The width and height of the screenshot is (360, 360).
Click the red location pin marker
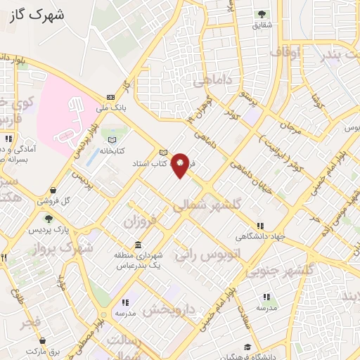[x=181, y=165]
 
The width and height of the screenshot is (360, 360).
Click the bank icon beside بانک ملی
[x=110, y=97]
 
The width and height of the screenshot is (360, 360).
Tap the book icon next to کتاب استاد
[x=164, y=153]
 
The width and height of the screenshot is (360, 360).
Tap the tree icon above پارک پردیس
[x=48, y=219]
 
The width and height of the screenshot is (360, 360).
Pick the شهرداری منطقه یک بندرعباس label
[x=139, y=262]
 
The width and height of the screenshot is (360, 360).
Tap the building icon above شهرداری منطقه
[x=137, y=245]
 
